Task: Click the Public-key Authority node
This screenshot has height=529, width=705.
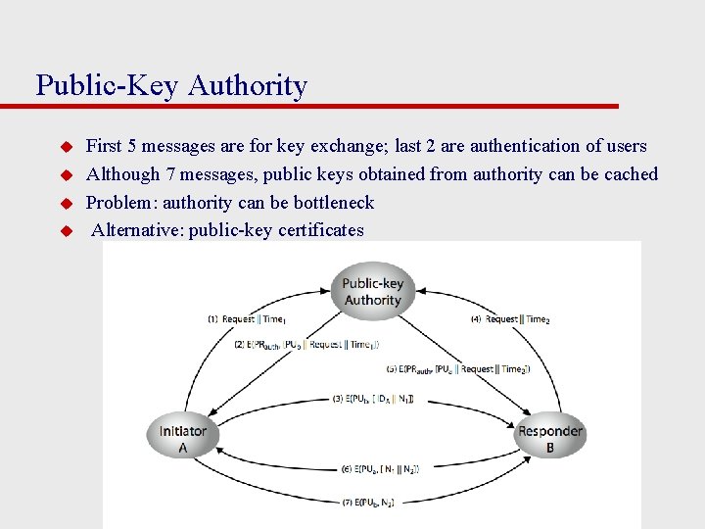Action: pos(372,292)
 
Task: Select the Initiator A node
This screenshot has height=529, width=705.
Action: pos(183,438)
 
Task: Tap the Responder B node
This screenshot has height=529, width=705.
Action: pos(549,438)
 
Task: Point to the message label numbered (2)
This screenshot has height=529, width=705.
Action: pos(305,345)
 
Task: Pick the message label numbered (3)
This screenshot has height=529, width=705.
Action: pos(373,399)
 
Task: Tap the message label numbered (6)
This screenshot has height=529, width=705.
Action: pos(380,470)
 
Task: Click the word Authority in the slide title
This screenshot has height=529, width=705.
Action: pos(247,86)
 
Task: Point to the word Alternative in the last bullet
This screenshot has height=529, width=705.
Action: pos(136,231)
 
